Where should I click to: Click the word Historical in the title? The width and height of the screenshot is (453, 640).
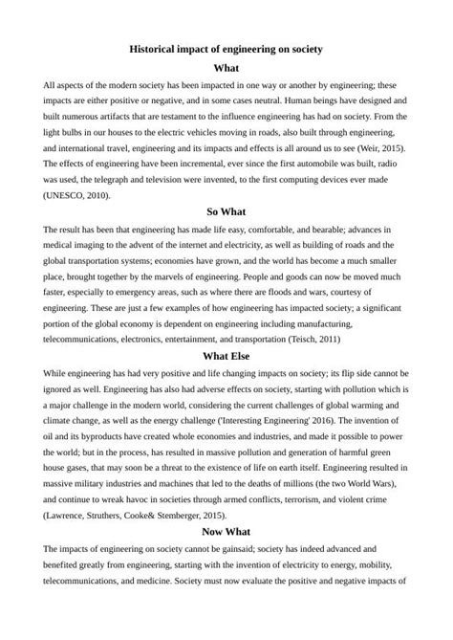pos(158,49)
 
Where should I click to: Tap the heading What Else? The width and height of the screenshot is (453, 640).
pos(226,357)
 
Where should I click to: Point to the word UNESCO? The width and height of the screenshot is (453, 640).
pos(66,196)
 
